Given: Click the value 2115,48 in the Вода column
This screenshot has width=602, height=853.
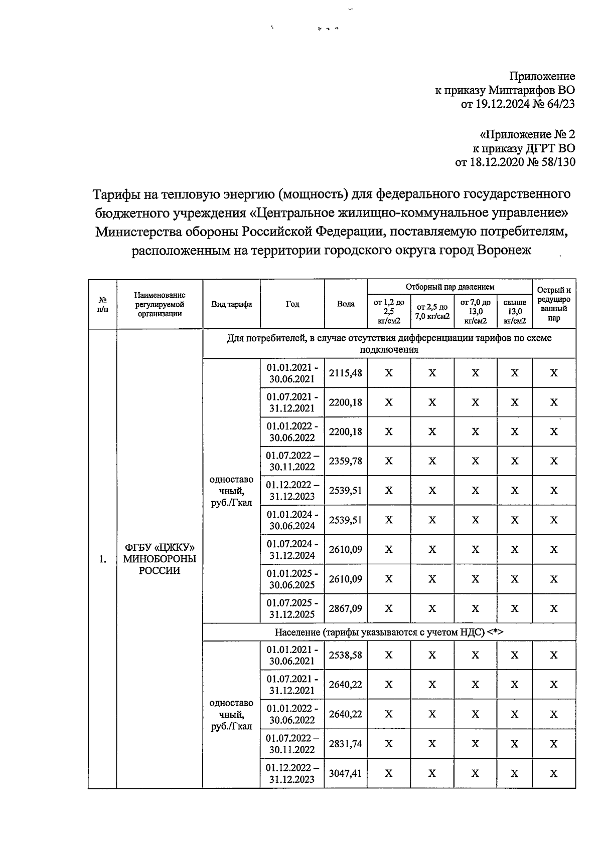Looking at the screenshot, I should point(346,373).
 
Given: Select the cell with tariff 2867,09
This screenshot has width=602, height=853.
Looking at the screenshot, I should point(346,608).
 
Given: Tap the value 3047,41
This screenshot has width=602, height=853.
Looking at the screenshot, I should point(346,773).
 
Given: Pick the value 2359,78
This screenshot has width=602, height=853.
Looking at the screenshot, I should point(346,461).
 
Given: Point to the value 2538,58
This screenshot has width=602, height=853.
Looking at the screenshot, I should point(346,655).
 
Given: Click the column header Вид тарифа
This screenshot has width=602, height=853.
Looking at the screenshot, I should point(231,304).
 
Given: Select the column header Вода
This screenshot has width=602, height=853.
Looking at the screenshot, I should point(346,304).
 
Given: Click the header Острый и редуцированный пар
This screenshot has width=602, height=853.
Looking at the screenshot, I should point(554,304).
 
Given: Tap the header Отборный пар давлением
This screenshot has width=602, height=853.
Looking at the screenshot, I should point(449,287).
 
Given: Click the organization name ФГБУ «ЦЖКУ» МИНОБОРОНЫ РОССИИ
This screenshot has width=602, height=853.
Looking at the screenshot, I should point(160,559).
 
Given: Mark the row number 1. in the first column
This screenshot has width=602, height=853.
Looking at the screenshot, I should point(102,560).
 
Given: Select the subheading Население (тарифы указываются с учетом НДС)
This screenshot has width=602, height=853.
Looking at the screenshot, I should point(389,632).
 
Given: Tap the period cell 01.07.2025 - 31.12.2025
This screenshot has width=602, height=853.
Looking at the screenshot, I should point(292,608).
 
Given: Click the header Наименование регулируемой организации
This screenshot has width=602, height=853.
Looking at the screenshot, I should point(160,304).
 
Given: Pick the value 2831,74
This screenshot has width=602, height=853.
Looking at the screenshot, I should point(346,744).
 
